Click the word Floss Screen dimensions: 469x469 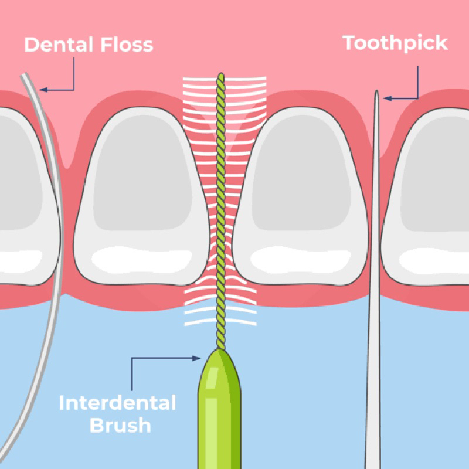click(x=127, y=45)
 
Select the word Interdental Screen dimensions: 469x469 click(x=117, y=403)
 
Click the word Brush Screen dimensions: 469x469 click(x=120, y=425)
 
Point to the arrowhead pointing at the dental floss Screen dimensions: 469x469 click(x=43, y=90)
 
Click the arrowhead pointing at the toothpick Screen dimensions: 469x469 click(x=388, y=98)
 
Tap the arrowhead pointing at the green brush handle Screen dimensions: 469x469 click(x=196, y=358)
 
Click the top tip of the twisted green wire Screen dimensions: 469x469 click(x=221, y=74)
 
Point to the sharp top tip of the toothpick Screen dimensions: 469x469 click(x=376, y=91)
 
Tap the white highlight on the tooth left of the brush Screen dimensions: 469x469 click(x=142, y=260)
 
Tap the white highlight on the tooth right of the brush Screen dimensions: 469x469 click(x=300, y=260)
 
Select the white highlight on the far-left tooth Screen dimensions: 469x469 click(x=21, y=261)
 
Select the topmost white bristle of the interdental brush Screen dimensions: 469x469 click(x=225, y=79)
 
